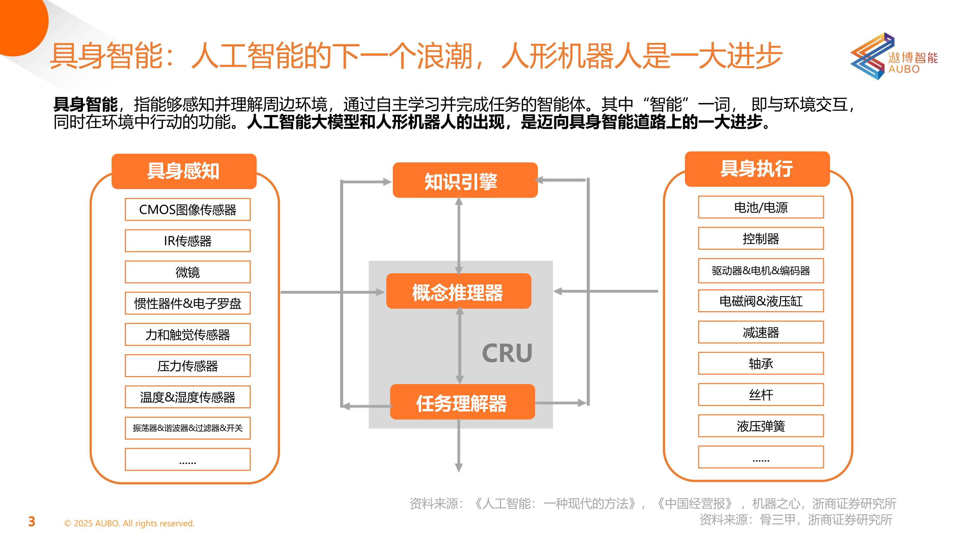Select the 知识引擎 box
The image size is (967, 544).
[x=465, y=180]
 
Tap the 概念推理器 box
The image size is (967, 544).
[x=458, y=291]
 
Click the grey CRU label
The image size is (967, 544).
[x=507, y=353]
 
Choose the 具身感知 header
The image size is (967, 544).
[x=184, y=171]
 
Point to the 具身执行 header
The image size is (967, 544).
[x=757, y=169]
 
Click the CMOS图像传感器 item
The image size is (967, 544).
[x=187, y=210]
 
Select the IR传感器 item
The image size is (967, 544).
[x=187, y=241]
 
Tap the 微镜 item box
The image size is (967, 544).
[x=187, y=272]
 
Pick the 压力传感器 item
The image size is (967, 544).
[x=187, y=366]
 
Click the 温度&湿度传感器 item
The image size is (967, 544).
[x=187, y=397]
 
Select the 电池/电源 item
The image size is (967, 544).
[x=761, y=207]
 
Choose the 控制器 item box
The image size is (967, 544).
[x=761, y=238]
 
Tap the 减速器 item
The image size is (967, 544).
[x=761, y=332]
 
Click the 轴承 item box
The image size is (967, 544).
[x=761, y=363]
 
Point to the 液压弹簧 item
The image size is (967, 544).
[x=761, y=426]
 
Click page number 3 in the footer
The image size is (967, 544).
[x=32, y=522]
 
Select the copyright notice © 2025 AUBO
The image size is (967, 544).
[x=129, y=523]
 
